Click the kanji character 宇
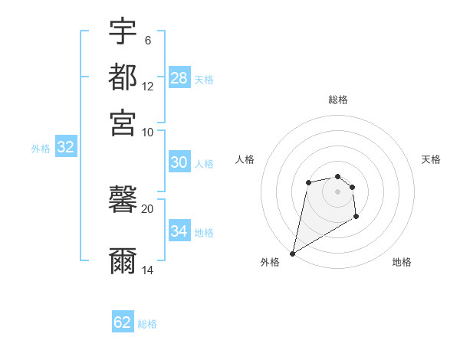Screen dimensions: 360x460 point(123,32)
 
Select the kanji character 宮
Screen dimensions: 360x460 point(123,123)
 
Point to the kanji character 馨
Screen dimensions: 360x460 point(123,200)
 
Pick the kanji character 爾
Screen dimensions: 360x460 point(123,261)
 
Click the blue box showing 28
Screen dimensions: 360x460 point(179,78)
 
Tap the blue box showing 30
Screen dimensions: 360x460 point(179,162)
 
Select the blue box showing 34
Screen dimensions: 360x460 point(179,231)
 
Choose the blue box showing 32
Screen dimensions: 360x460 point(65,148)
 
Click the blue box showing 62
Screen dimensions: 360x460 point(123,322)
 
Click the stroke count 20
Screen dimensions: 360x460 point(148,208)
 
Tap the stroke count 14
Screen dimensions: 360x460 point(148,270)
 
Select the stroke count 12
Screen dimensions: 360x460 point(148,86)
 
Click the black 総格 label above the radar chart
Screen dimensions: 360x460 point(337,100)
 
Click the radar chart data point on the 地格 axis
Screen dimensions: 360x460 point(356,217)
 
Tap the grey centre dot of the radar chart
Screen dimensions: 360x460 point(337,191)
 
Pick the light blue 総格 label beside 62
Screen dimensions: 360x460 point(147,324)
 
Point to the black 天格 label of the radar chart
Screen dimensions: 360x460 point(431,159)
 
